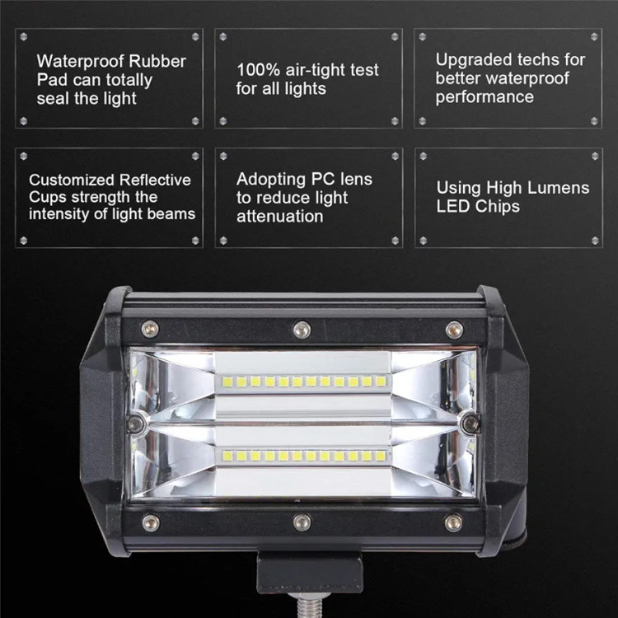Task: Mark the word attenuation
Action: (x=279, y=217)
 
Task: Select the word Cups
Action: (x=46, y=197)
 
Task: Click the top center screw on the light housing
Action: (x=302, y=330)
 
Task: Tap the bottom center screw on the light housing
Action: (x=302, y=522)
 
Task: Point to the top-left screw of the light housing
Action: (x=149, y=328)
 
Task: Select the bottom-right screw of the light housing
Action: (x=453, y=522)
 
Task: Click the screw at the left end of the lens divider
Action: (x=137, y=424)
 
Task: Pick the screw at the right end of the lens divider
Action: (x=470, y=424)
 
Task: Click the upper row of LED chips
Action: (x=301, y=382)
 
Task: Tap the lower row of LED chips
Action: (x=301, y=456)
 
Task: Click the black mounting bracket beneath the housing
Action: (x=309, y=572)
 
